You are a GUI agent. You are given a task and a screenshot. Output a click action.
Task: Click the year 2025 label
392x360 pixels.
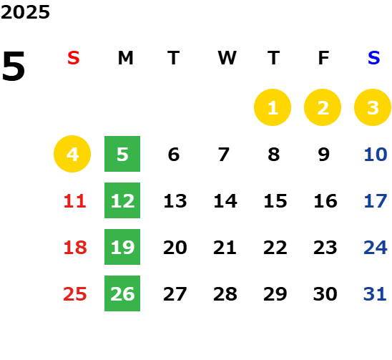25,12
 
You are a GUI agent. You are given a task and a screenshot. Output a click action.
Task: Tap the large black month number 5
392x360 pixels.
14,66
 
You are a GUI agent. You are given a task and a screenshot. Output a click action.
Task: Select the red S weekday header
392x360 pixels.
74,58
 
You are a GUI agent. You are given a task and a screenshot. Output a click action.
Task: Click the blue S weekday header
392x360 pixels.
373,58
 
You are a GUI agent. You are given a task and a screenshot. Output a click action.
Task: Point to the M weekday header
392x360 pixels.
125,58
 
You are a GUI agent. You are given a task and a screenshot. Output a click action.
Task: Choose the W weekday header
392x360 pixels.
227,58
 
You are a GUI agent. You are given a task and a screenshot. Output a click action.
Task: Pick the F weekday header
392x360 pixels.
324,58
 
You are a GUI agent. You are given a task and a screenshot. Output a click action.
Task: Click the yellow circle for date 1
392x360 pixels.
273,107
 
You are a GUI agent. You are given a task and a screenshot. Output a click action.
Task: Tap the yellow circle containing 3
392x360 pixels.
373,107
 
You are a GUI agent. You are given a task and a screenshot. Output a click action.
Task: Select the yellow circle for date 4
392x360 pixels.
72,154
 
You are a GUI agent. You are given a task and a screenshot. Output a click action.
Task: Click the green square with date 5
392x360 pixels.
122,154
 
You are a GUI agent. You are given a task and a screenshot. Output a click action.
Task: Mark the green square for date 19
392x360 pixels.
122,247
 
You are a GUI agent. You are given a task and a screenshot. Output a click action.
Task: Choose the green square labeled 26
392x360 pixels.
122,293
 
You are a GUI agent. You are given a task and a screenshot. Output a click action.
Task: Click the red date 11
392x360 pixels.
74,201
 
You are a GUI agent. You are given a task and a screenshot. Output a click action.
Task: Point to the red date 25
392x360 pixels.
74,294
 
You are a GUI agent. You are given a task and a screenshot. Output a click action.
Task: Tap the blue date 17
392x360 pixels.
376,201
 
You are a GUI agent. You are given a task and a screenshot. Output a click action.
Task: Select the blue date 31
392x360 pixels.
375,294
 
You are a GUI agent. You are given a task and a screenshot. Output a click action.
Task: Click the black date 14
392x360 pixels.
225,201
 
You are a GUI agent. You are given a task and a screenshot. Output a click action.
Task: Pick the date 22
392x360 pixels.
275,248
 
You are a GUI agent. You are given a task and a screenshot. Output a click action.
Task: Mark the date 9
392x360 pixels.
324,155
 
